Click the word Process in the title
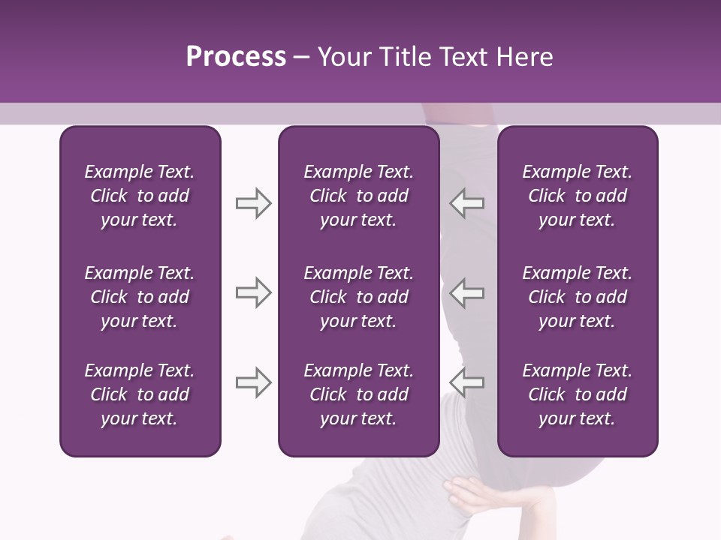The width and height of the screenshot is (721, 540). (x=236, y=57)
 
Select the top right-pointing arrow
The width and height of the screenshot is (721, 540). (x=253, y=203)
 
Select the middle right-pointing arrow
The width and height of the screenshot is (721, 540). (x=253, y=292)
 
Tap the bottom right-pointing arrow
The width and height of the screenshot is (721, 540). (x=253, y=383)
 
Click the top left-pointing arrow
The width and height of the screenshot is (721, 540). (x=466, y=203)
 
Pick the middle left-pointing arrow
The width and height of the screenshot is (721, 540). (x=466, y=292)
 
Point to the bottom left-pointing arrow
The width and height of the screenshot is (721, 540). (x=466, y=383)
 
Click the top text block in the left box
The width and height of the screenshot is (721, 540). (x=140, y=196)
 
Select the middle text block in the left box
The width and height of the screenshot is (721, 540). (x=140, y=297)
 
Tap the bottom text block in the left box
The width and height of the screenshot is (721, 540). (x=140, y=394)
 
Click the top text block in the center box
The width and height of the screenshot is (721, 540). (x=358, y=196)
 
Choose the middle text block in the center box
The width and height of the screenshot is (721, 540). (x=358, y=297)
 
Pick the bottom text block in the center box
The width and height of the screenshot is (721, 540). (x=358, y=394)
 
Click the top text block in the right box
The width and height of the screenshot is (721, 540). (x=577, y=196)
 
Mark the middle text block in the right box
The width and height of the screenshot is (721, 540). (x=577, y=297)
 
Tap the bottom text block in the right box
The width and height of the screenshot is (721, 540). (x=577, y=394)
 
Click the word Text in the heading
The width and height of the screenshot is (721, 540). (x=458, y=57)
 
